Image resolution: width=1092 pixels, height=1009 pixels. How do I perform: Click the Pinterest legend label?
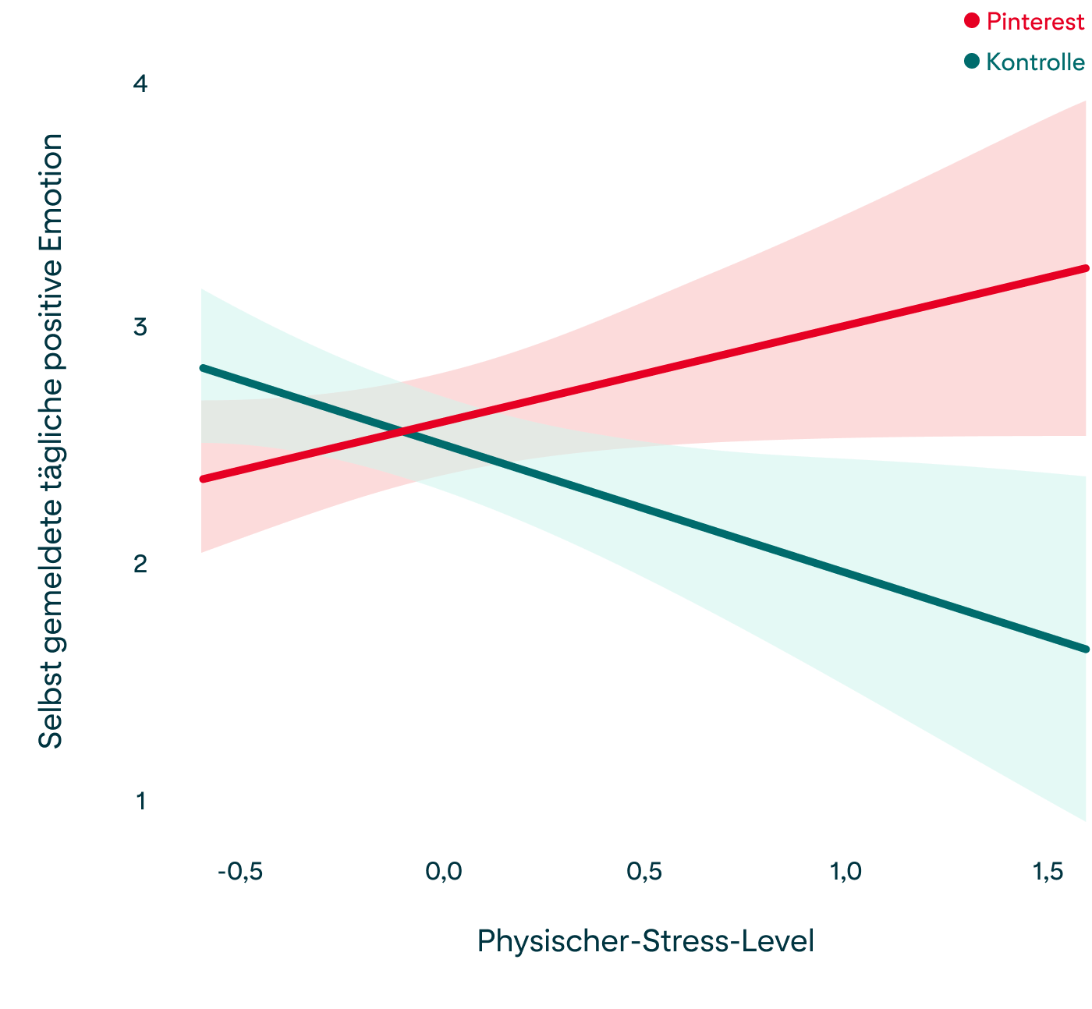click(x=1035, y=22)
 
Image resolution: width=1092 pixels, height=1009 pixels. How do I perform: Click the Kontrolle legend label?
click(x=1035, y=62)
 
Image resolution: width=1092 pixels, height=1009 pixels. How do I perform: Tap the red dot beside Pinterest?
click(x=972, y=21)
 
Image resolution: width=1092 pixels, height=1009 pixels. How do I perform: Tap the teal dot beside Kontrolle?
click(x=972, y=61)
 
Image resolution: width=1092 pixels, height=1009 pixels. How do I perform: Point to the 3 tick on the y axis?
click(x=140, y=327)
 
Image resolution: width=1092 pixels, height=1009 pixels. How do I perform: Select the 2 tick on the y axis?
click(x=140, y=563)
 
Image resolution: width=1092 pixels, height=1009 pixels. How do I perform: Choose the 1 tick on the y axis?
click(x=141, y=801)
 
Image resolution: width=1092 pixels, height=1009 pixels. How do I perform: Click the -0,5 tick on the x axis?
click(x=240, y=872)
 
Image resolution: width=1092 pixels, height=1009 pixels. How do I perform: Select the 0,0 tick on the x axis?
click(x=444, y=872)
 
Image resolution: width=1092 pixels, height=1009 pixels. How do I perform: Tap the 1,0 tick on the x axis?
click(x=846, y=872)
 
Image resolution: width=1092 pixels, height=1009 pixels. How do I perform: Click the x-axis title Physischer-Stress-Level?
click(x=645, y=941)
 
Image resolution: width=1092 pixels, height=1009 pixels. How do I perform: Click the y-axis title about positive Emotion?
click(x=51, y=441)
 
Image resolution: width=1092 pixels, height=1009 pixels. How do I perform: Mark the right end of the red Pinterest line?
click(x=1085, y=268)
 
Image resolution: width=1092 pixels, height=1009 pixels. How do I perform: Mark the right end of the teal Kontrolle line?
click(x=1085, y=649)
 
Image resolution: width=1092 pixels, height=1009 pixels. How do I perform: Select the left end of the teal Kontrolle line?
click(x=203, y=367)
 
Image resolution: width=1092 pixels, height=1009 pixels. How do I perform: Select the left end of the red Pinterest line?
click(x=203, y=479)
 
